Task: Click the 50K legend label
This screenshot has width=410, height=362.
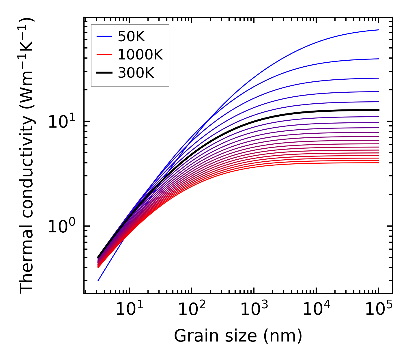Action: click(131, 36)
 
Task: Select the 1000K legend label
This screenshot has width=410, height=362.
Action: click(141, 55)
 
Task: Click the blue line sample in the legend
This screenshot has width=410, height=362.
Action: click(104, 36)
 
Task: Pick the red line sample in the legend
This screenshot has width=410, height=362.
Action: click(104, 55)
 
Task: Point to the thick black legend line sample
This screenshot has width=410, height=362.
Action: click(104, 73)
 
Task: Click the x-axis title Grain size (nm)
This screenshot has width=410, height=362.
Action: click(238, 336)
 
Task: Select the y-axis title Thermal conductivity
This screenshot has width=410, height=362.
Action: click(27, 156)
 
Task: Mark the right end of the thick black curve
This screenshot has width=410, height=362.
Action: click(378, 110)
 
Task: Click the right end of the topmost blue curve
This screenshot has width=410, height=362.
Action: click(378, 30)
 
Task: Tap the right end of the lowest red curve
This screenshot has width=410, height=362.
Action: click(378, 163)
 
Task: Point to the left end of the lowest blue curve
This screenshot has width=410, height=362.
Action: click(98, 281)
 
